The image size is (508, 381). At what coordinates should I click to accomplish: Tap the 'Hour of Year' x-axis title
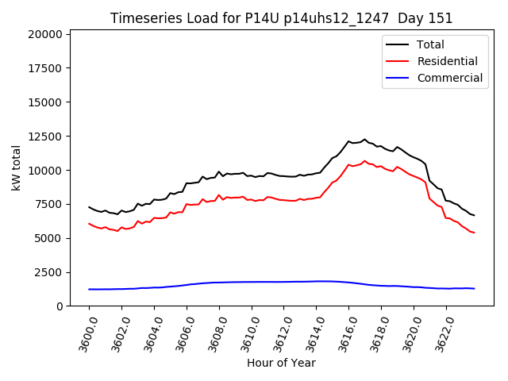(x=281, y=363)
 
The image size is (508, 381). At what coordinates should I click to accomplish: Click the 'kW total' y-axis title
(x=16, y=168)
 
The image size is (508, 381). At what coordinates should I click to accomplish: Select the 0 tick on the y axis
(x=60, y=306)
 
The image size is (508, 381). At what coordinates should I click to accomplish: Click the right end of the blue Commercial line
(x=475, y=288)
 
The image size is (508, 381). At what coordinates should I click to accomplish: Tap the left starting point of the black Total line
(x=89, y=207)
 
